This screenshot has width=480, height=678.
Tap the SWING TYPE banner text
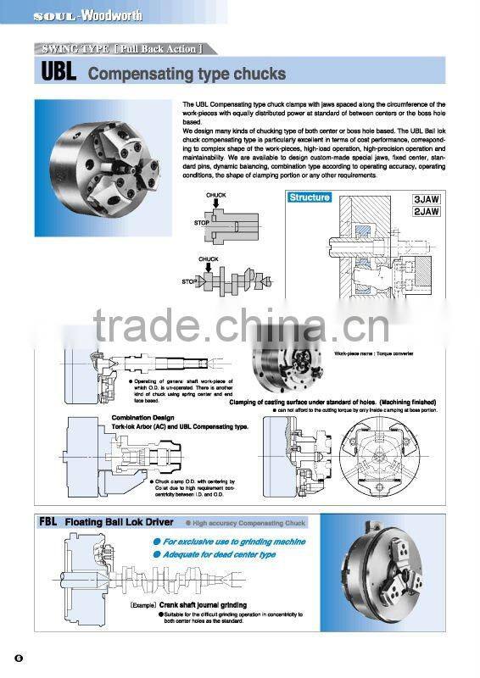(x=118, y=49)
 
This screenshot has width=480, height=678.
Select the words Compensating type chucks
(x=187, y=75)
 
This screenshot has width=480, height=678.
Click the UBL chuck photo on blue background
(x=103, y=167)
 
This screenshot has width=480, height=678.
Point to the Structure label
(x=310, y=197)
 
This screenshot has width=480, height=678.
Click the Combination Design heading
(x=142, y=418)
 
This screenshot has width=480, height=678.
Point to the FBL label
(x=48, y=522)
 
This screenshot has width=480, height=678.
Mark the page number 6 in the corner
(x=17, y=659)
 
